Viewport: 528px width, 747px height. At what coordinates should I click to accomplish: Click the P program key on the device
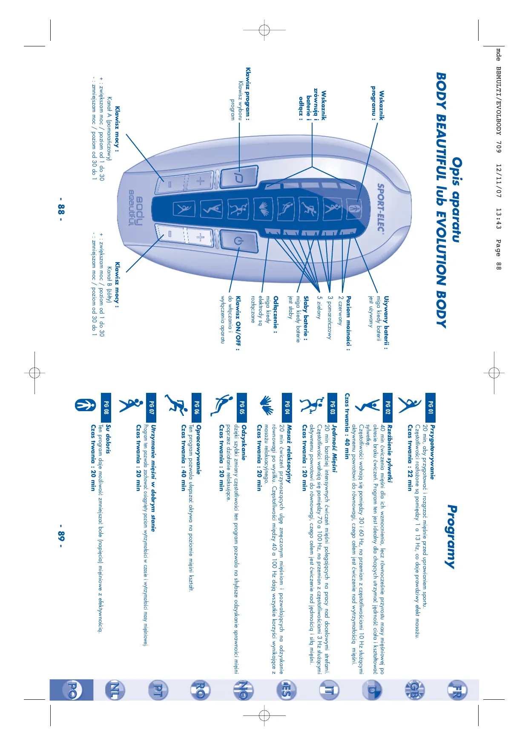239,177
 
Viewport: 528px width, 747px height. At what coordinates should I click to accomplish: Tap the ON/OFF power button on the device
238,241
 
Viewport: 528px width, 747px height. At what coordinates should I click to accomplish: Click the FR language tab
456,690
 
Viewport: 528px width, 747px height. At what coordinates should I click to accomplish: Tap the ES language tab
286,690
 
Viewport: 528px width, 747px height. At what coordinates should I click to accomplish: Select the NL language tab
115,690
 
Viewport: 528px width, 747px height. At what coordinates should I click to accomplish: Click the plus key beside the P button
200,180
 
